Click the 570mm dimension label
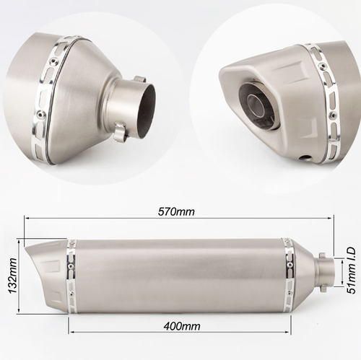pos(176,212)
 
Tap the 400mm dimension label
pos(182,326)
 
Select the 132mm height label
pos(13,276)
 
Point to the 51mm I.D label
pos(351,270)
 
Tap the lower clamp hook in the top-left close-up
pos(120,132)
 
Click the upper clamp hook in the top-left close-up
pos(140,79)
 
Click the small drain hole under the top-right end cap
pos(305,158)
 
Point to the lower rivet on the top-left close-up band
pos(42,114)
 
